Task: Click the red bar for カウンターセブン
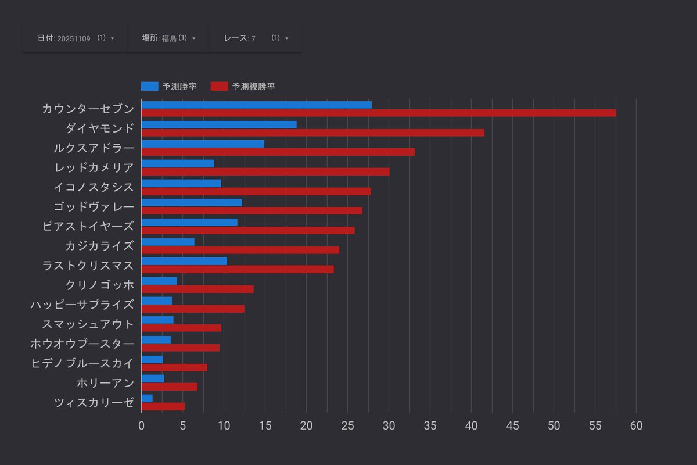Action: (378, 113)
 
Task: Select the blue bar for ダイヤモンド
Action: (219, 124)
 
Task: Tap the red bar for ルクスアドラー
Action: (278, 152)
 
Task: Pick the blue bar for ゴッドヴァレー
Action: (192, 202)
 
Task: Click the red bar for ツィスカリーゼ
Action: (163, 406)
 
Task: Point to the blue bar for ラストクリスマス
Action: (184, 261)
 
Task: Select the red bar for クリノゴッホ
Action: (197, 289)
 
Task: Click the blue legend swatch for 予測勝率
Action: (149, 86)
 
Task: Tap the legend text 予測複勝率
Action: (253, 86)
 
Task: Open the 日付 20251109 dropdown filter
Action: (76, 38)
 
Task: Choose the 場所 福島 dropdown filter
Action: (168, 38)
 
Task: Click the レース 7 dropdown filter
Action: (256, 38)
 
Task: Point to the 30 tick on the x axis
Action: (389, 425)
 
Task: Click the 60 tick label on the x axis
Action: (636, 425)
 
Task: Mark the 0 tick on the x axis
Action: (141, 425)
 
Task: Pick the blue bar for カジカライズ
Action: (168, 242)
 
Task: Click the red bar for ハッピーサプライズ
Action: (193, 309)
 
